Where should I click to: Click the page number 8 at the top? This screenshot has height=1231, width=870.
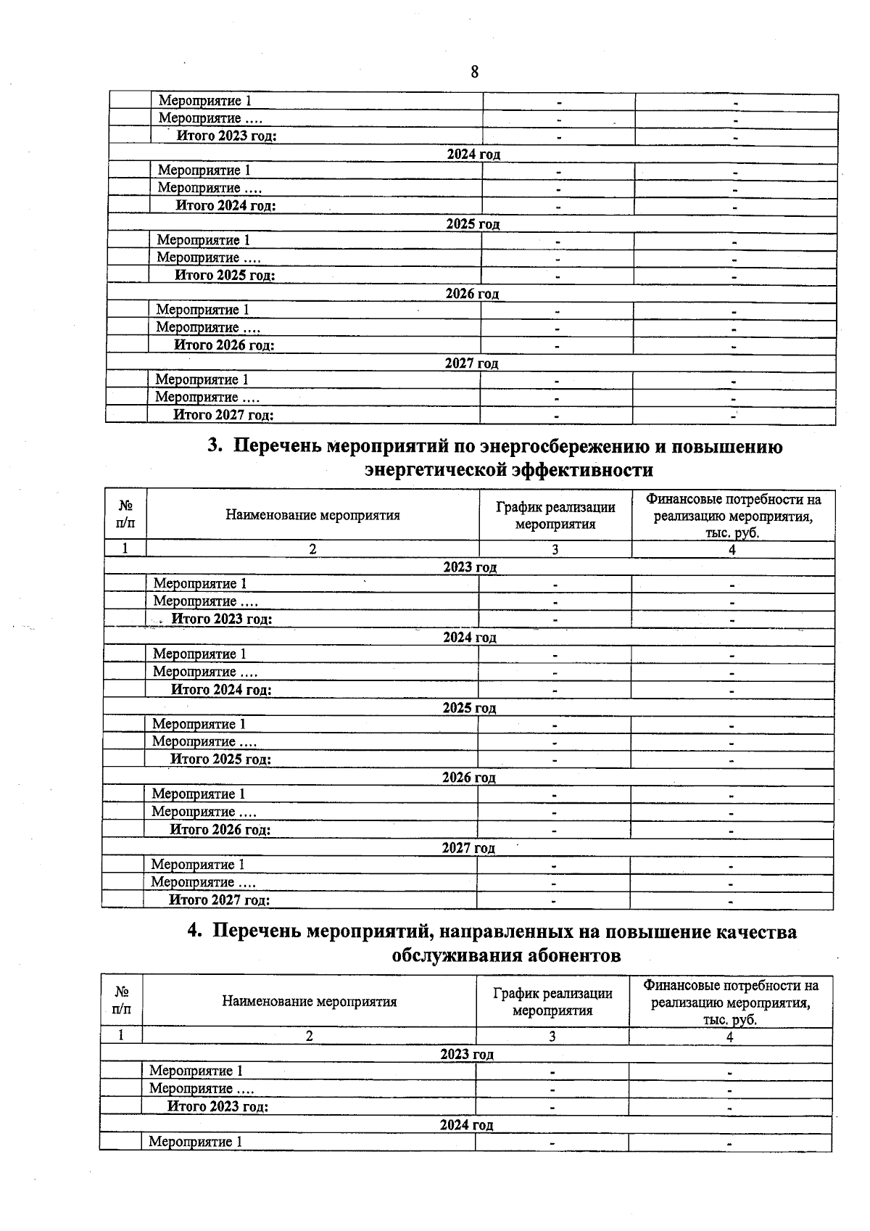click(474, 72)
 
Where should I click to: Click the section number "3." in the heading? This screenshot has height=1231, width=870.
click(215, 446)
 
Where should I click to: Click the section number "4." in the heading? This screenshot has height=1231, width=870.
click(194, 931)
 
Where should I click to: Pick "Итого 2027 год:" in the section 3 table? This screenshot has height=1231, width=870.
click(219, 900)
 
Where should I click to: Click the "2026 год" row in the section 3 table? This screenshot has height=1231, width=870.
click(468, 778)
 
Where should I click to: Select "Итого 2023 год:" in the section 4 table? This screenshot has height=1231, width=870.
click(217, 1107)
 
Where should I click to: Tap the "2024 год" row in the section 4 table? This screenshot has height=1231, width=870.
click(466, 1125)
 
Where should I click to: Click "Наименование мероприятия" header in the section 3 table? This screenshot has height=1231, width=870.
click(312, 516)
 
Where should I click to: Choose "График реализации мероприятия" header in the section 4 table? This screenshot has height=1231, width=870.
click(552, 1002)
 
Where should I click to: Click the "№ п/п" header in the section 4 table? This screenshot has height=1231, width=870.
click(122, 1000)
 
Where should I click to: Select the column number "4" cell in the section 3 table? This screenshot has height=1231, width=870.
click(732, 550)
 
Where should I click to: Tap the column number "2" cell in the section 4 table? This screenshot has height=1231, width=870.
click(309, 1037)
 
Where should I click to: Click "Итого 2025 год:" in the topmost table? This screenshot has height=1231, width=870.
click(225, 276)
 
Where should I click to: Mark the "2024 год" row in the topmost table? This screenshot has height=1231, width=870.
click(473, 155)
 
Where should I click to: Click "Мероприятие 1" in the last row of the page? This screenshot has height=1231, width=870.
click(195, 1142)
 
